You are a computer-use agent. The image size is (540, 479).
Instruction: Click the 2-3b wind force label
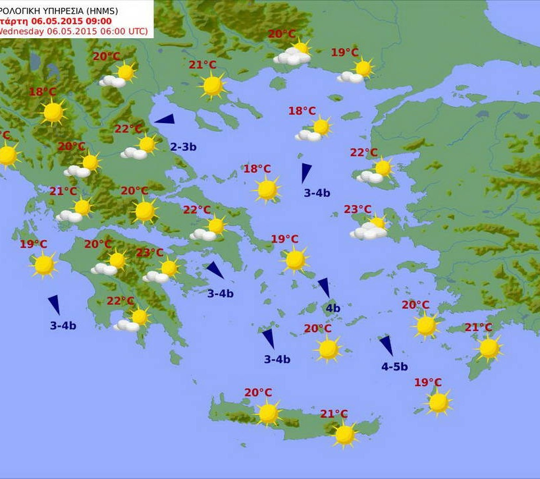click(x=183, y=147)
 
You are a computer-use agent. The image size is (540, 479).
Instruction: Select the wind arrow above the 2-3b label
click(x=165, y=119)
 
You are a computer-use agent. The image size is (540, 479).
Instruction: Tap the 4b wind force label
click(x=333, y=308)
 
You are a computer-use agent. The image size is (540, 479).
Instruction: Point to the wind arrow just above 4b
click(x=324, y=287)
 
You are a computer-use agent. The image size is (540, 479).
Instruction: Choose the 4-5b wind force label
click(x=394, y=367)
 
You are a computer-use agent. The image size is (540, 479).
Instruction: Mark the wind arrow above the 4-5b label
click(x=386, y=346)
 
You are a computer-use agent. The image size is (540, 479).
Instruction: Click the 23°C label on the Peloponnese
click(x=149, y=252)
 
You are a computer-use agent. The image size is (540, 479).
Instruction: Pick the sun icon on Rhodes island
click(x=489, y=348)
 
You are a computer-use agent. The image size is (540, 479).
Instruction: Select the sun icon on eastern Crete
click(x=344, y=434)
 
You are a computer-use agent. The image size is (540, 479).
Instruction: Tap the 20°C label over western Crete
click(x=258, y=393)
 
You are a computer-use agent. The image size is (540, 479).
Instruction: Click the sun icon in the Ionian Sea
click(x=43, y=265)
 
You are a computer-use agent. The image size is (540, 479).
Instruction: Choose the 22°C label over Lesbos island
click(x=364, y=152)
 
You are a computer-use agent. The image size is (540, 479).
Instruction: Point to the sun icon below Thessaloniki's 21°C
click(x=213, y=86)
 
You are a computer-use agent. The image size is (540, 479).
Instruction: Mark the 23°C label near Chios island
click(x=358, y=210)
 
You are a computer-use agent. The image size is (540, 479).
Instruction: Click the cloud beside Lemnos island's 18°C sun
click(x=308, y=136)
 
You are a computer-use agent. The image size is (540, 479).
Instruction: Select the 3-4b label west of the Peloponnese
click(x=63, y=325)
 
